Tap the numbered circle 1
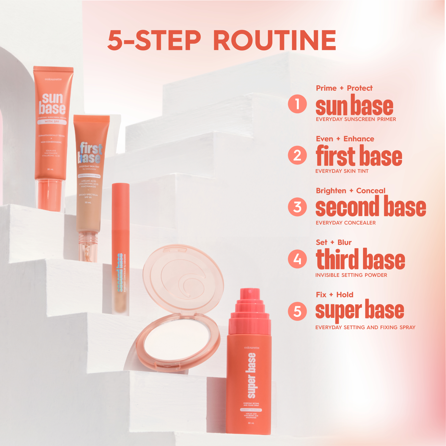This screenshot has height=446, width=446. tap(297, 104)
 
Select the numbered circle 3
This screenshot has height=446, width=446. tap(297, 207)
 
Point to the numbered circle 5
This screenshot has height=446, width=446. tap(297, 311)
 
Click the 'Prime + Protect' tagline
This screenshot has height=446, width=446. tap(344, 88)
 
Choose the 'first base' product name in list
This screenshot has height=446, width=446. tap(359, 156)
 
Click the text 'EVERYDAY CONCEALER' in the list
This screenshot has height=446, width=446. tap(346, 223)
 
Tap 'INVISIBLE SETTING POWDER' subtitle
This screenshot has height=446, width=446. tap(351, 275)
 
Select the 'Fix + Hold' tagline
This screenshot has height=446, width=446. tap(334, 295)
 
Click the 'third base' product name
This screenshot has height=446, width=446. tap(360, 259)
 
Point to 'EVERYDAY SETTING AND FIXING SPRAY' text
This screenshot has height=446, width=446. tap(365, 327)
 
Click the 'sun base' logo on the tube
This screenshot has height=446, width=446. tap(52, 104)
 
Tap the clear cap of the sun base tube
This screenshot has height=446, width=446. tap(50, 195)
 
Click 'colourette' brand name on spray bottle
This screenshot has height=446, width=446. tap(252, 348)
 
